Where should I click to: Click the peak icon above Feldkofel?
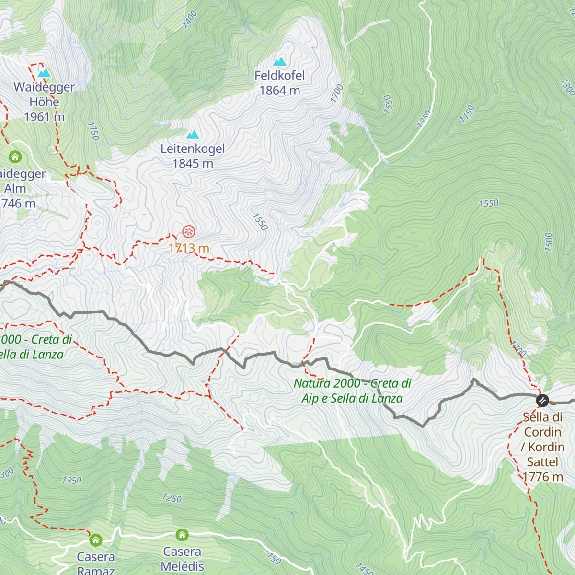pos(279,61)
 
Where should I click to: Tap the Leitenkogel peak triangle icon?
pos(193,134)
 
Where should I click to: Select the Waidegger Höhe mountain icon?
pos(44,73)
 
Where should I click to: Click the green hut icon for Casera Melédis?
pos(182,534)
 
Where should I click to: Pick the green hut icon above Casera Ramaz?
pos(96,540)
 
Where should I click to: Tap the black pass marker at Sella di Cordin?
pos(542,400)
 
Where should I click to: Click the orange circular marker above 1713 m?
pos(189,232)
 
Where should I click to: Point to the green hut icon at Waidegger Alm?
pos(15,157)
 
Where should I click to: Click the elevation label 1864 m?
pos(280,91)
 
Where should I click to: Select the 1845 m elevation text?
pos(193,164)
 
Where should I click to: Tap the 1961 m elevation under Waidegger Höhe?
pos(44,117)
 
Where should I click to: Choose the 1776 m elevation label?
pos(542,477)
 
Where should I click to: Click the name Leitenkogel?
pos(193,149)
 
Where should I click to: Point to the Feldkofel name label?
pos(280,76)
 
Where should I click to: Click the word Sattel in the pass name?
pos(542,462)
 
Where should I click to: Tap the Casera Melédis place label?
pos(182,559)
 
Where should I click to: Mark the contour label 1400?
pos(190,20)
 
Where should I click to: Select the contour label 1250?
pos(172,498)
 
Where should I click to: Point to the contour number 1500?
pos(549,242)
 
